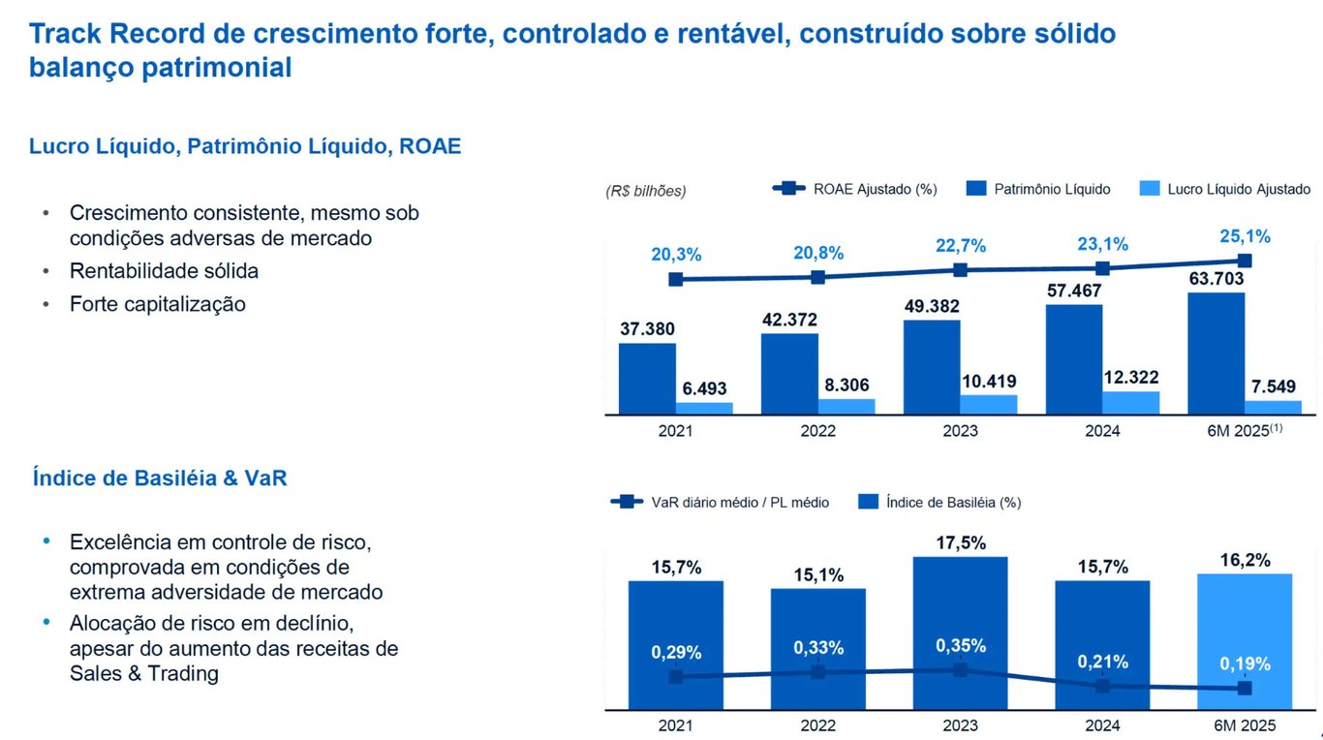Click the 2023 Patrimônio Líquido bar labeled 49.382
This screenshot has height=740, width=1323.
pos(932,367)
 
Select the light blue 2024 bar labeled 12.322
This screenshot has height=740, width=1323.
pos(1130,403)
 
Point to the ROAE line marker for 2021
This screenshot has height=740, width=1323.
pos(676,279)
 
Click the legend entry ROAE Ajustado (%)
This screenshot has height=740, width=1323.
pos(855,189)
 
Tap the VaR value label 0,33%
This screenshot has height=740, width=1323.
pos(818,647)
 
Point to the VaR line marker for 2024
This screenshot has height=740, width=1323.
pos(1102,686)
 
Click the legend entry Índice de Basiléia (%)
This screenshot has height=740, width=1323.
pos(939,502)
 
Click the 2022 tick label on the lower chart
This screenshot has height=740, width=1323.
pos(818,725)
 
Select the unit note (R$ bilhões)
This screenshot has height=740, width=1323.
pos(646,191)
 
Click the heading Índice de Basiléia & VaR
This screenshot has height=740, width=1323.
pos(160,478)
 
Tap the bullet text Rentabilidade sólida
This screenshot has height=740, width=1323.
pos(164,271)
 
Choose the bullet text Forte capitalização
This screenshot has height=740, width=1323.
pos(158,304)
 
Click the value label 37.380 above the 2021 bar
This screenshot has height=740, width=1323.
pos(647,329)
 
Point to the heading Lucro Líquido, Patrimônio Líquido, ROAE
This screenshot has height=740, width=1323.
pos(245,146)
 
